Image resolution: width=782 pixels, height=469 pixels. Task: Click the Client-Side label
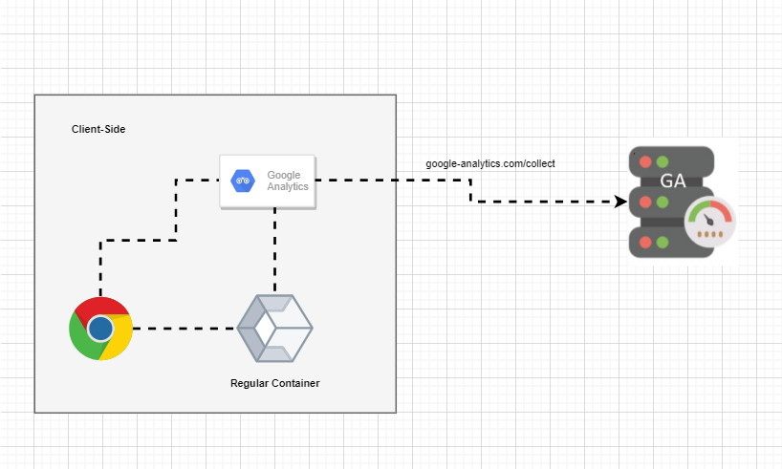(98, 129)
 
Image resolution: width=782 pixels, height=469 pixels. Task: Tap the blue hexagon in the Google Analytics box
(242, 181)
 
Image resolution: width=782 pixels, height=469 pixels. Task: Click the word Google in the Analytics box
(284, 175)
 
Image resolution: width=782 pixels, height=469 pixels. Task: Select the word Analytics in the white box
(288, 187)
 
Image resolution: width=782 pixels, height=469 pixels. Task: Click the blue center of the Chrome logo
(100, 329)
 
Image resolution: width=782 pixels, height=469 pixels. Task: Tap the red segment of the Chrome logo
(100, 307)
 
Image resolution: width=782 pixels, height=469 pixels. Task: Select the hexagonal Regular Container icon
(275, 329)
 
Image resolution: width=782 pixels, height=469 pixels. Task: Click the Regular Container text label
(275, 383)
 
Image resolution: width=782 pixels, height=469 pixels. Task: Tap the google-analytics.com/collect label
(490, 163)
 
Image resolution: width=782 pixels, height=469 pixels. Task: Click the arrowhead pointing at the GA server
(620, 202)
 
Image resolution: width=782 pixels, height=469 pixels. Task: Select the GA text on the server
(672, 181)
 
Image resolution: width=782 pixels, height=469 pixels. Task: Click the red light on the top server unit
(646, 160)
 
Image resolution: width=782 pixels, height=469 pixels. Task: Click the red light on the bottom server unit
(646, 242)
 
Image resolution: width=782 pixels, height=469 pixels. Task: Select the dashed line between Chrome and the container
(184, 329)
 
